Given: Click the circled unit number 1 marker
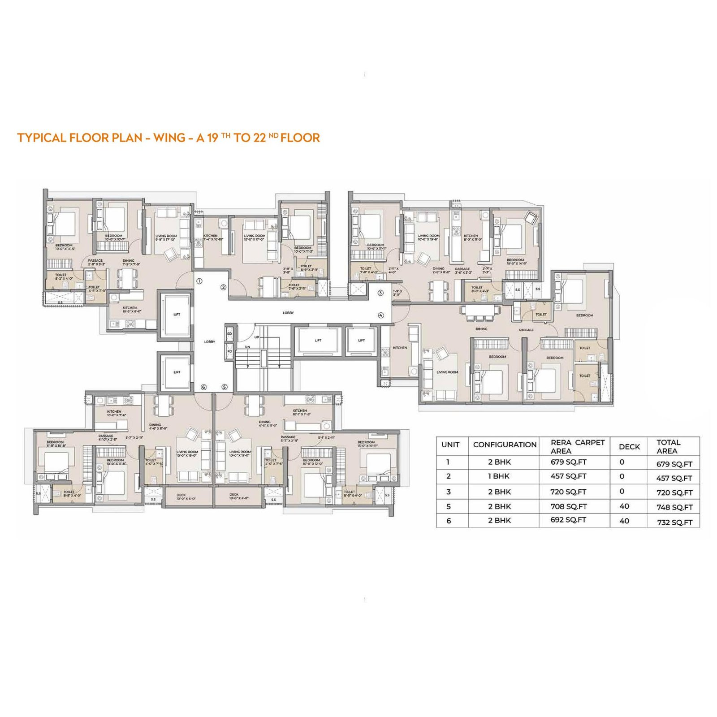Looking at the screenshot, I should [x=199, y=281].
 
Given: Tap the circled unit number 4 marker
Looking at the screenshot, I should [x=380, y=315].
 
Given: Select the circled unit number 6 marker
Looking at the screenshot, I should [x=203, y=387].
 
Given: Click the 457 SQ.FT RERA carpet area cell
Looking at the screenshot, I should [x=568, y=476].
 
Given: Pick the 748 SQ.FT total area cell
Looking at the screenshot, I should [x=674, y=507].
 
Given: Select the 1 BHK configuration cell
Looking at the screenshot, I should [x=499, y=476].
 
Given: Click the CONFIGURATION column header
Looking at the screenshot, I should [x=505, y=445].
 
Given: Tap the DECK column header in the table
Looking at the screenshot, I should [x=629, y=446].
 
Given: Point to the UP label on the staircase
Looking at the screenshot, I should [x=257, y=337].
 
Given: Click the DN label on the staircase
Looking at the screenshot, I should [x=247, y=347].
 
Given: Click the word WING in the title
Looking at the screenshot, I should [x=169, y=138].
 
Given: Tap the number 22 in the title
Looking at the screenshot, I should [x=259, y=138].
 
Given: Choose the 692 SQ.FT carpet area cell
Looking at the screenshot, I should [x=568, y=520].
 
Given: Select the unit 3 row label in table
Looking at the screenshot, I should [x=449, y=492].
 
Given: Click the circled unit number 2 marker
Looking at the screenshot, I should [x=223, y=287].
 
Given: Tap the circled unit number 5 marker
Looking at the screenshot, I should [x=224, y=387].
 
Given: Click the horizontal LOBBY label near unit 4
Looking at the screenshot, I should [x=288, y=312].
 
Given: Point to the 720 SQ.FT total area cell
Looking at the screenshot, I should [x=674, y=492].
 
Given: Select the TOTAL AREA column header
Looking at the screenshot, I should [x=668, y=446].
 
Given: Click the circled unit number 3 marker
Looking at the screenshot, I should [x=380, y=293].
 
